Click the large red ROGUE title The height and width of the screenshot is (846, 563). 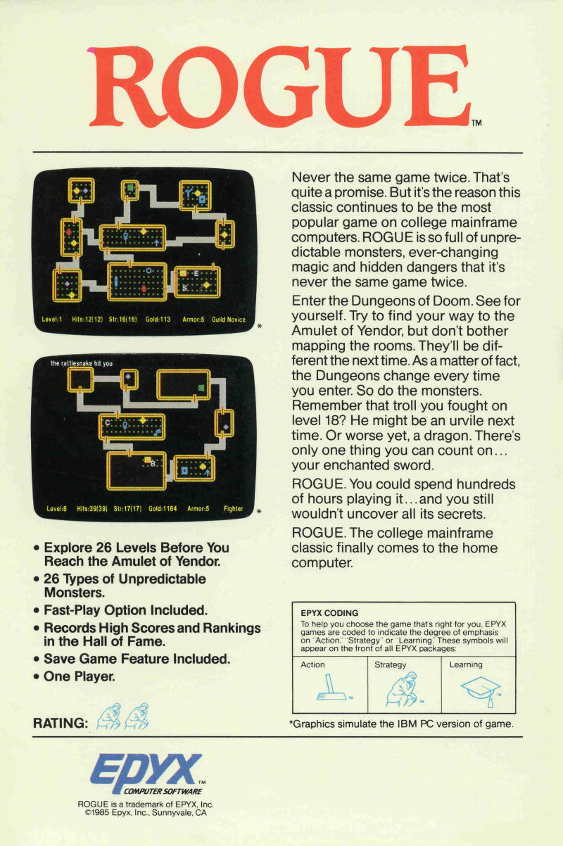[280, 87]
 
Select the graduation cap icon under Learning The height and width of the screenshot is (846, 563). [480, 690]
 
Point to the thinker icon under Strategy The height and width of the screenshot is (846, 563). [402, 689]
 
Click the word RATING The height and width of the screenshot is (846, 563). [61, 723]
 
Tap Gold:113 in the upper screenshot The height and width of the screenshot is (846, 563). [158, 320]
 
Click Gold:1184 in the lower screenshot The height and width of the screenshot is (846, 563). [163, 508]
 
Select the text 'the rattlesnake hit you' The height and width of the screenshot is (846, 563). [82, 363]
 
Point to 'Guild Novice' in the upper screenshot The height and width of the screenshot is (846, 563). [229, 320]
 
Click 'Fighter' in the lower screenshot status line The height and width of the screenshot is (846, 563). [234, 508]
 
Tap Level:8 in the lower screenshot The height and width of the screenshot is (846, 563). [56, 508]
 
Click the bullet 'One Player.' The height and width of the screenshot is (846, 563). [75, 676]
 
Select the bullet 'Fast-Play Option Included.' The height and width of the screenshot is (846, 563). [120, 610]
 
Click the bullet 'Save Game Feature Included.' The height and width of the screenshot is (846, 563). [132, 659]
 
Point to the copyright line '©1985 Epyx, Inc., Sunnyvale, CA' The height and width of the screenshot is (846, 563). [146, 813]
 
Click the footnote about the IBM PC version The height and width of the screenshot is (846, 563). [401, 724]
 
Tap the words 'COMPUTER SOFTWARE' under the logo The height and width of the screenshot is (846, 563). [163, 791]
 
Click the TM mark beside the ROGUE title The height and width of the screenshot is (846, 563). [476, 122]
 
